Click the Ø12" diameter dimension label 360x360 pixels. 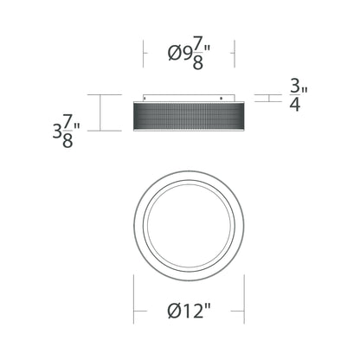coord(190,311)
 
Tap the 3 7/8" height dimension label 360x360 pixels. coord(67,131)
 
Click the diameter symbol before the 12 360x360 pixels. coord(175,312)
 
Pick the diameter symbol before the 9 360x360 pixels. coord(175,54)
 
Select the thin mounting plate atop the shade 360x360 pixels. coord(190,98)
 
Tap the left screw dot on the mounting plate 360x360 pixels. coord(145,99)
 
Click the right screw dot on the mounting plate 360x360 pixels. coord(222,99)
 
